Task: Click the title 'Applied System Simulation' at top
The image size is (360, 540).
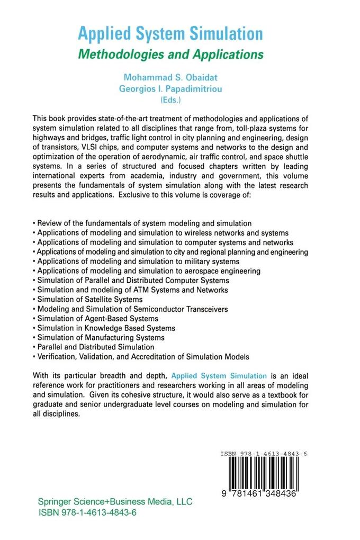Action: (x=170, y=34)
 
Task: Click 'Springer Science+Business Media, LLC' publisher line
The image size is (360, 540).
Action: (x=115, y=501)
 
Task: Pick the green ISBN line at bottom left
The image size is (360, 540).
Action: (x=88, y=512)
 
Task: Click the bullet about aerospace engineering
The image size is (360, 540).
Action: (x=147, y=271)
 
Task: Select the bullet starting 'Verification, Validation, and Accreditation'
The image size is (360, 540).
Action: (x=141, y=356)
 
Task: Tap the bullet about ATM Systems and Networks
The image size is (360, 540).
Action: (x=130, y=290)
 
